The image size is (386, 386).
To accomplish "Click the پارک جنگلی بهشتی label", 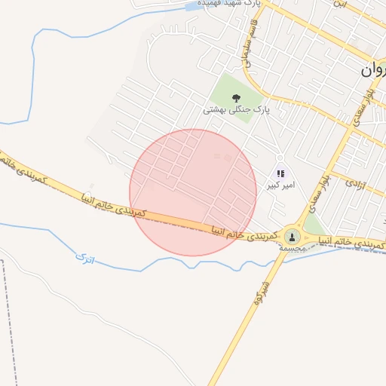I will [x=236, y=110].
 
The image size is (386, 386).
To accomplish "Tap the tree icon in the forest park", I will [x=236, y=96].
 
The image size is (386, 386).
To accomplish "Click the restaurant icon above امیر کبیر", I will [x=281, y=173].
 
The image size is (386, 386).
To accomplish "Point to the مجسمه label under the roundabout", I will [x=291, y=248].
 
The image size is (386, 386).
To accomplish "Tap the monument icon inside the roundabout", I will [x=291, y=237].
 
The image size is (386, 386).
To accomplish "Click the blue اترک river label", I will [x=86, y=259].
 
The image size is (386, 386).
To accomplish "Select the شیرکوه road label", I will [x=262, y=292].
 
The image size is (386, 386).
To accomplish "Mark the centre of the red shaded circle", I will [x=193, y=192].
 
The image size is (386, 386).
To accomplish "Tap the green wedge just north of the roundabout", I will [x=314, y=225].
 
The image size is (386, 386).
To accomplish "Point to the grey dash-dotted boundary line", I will [x=11, y=317].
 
